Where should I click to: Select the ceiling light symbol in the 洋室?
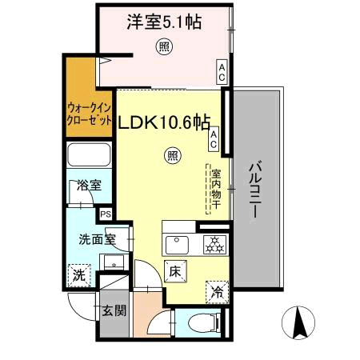pyautogui.click(x=162, y=48)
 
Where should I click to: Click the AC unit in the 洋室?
pyautogui.click(x=221, y=73)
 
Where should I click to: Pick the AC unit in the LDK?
pyautogui.click(x=214, y=141)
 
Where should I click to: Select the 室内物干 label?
pyautogui.click(x=215, y=189)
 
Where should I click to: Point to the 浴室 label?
pyautogui.click(x=88, y=186)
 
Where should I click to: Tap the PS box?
pyautogui.click(x=105, y=214)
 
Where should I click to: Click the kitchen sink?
pyautogui.click(x=176, y=243)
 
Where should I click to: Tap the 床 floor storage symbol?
pyautogui.click(x=175, y=271)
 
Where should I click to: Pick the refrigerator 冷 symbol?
pyautogui.click(x=216, y=292)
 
